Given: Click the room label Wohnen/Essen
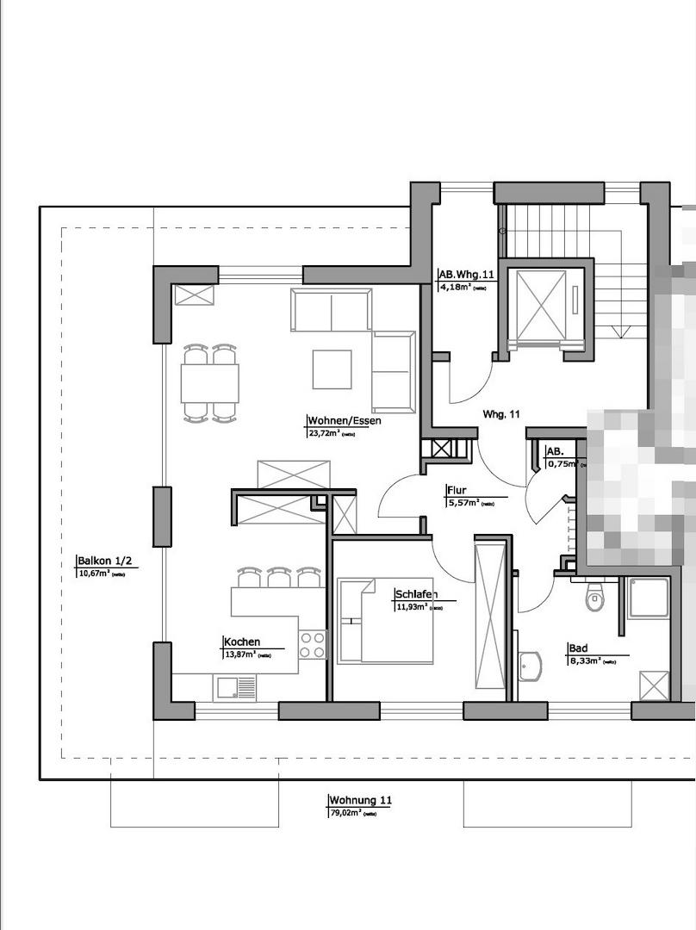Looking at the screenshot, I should tap(344, 421).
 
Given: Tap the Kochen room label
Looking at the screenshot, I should tap(241, 642).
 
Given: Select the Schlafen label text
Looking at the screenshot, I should tap(415, 594).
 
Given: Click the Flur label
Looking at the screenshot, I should tap(456, 491).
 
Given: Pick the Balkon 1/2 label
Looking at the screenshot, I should tap(103, 561).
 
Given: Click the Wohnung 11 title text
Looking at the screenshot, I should tap(360, 800).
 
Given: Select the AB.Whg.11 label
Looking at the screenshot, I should tap(467, 275).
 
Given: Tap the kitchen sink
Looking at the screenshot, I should tap(235, 686).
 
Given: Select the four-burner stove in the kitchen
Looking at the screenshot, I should tap(313, 644).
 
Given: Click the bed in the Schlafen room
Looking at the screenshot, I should tap(385, 621).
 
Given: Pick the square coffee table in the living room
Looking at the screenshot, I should tap(332, 369).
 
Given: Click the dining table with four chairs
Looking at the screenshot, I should tap(209, 383).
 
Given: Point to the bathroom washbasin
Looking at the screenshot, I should tap(530, 666).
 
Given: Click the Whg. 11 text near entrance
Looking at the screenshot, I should tap(501, 414).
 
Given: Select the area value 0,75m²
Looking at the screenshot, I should tap(561, 463).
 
